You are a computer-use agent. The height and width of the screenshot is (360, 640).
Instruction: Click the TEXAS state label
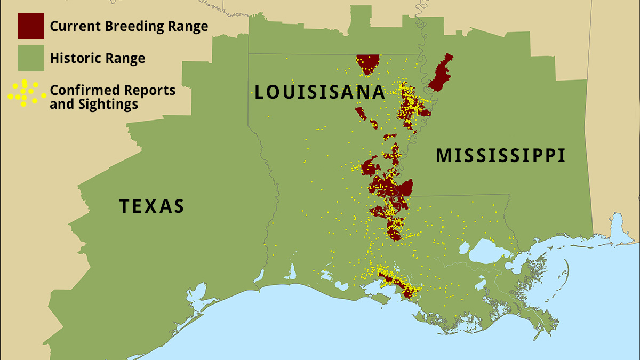(x=151, y=206)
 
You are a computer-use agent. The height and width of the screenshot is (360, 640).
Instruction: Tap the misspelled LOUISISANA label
(x=319, y=92)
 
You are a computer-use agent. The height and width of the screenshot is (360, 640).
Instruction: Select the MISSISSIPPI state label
(x=500, y=156)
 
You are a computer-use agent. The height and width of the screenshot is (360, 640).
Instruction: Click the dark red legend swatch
(x=31, y=26)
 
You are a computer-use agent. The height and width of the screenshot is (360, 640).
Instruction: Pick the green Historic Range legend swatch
(x=31, y=58)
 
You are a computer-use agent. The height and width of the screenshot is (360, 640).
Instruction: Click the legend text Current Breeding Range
(x=129, y=26)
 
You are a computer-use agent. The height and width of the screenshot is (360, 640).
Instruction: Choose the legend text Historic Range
(x=97, y=58)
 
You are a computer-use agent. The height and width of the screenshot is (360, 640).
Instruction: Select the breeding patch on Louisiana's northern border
(x=367, y=63)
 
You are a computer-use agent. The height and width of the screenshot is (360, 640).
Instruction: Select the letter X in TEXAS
(x=151, y=206)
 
